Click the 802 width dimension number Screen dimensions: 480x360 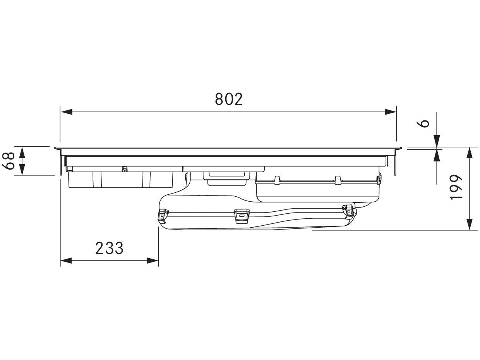coord(229,99)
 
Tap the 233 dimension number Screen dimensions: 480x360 coord(109,248)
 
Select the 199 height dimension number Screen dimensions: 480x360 coord(456,187)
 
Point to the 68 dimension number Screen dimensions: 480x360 coord(9,161)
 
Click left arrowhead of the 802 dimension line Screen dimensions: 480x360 coord(67,112)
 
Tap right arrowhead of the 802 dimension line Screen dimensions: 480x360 coord(390,112)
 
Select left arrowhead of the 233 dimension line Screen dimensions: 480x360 coord(66,261)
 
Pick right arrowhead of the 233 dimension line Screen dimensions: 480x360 coord(153,261)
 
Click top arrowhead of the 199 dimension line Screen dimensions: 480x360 coord(469,153)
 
